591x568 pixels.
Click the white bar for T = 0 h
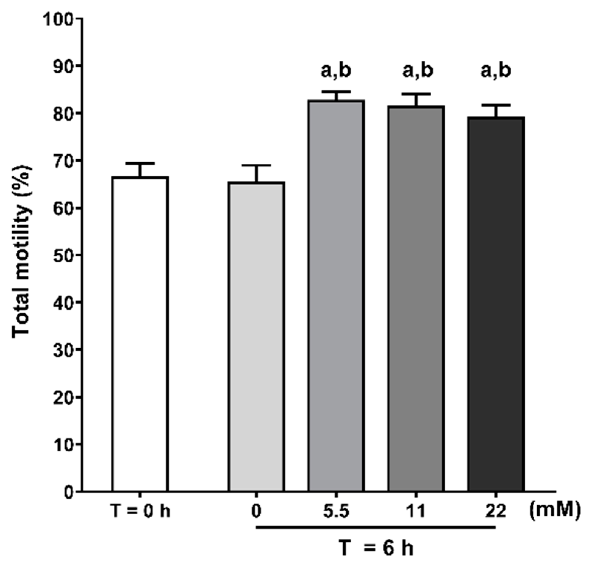(140, 333)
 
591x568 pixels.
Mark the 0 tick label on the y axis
(68, 492)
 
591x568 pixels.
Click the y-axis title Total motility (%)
(22, 252)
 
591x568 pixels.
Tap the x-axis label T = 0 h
(140, 512)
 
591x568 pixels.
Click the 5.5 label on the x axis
(336, 512)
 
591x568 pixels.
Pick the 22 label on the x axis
(495, 512)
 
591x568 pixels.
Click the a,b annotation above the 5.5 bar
(336, 71)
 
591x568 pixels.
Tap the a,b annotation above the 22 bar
(495, 71)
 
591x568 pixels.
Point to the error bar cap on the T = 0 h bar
(140, 163)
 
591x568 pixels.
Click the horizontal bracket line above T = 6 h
(376, 527)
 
